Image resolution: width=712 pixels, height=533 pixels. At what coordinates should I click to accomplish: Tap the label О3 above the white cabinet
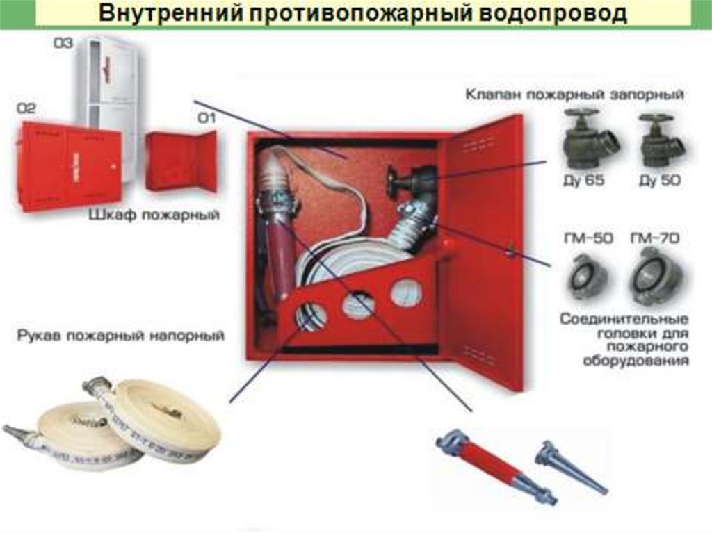point(63,43)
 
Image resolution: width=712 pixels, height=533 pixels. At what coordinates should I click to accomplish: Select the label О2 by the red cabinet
point(26,108)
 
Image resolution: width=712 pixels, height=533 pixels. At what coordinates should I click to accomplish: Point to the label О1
point(207,119)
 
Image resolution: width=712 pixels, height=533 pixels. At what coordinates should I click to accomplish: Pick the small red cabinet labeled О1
point(181,161)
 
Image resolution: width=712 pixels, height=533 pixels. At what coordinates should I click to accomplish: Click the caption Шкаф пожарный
point(154,215)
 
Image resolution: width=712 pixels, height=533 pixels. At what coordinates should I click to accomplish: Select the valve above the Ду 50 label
point(659,141)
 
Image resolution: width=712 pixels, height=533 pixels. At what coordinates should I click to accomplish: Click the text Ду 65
point(583,181)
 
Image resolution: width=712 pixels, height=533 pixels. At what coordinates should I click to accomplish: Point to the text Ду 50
point(660,181)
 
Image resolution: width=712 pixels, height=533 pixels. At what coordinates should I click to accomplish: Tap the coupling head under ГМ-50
point(588,277)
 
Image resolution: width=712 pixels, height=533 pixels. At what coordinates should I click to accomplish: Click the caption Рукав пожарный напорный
point(121,336)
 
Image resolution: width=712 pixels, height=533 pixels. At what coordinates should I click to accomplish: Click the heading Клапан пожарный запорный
point(574,95)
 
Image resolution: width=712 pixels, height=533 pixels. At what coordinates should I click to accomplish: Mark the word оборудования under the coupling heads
point(636,362)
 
